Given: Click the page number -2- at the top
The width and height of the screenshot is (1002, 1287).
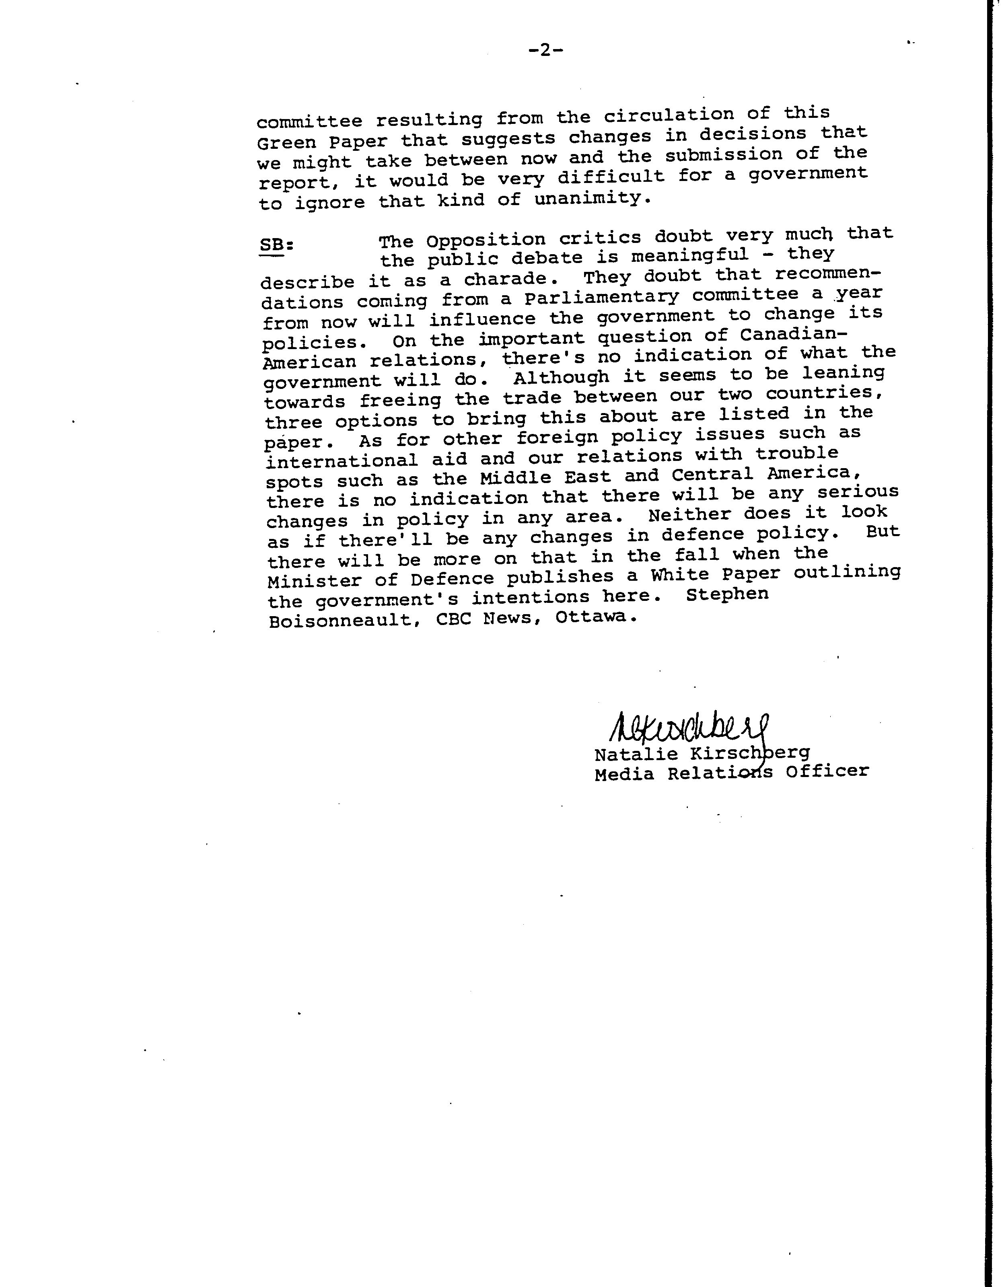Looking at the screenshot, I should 546,51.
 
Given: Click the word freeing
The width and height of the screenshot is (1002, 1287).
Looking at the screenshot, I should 400,400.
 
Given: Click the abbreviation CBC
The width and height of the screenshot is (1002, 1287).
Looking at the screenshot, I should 454,620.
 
